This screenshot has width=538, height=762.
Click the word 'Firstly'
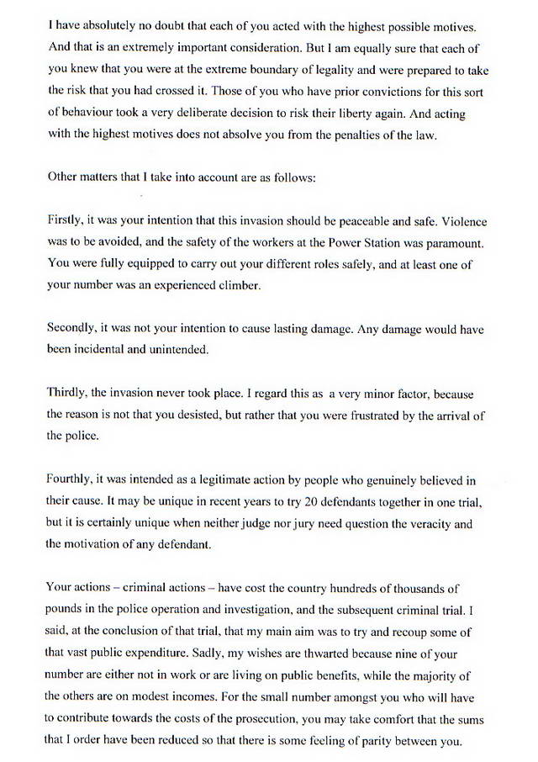(66, 222)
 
